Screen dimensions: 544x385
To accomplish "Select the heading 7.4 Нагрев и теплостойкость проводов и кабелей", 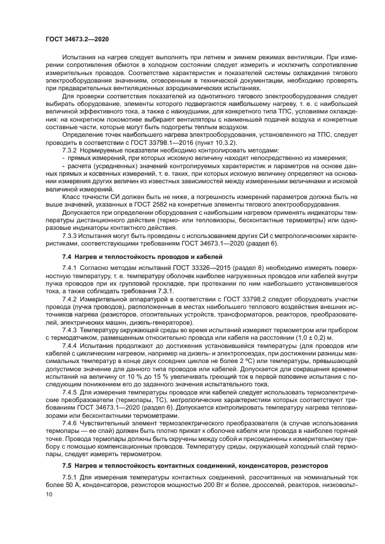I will point(142,257).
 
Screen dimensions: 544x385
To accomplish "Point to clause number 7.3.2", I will point(71,150).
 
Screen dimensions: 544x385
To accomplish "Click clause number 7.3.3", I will point(71,235).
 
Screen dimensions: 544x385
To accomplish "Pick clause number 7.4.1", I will point(71,268).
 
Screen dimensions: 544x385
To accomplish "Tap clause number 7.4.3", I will point(71,330).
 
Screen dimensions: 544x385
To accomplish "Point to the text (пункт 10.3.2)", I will point(209,142).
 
